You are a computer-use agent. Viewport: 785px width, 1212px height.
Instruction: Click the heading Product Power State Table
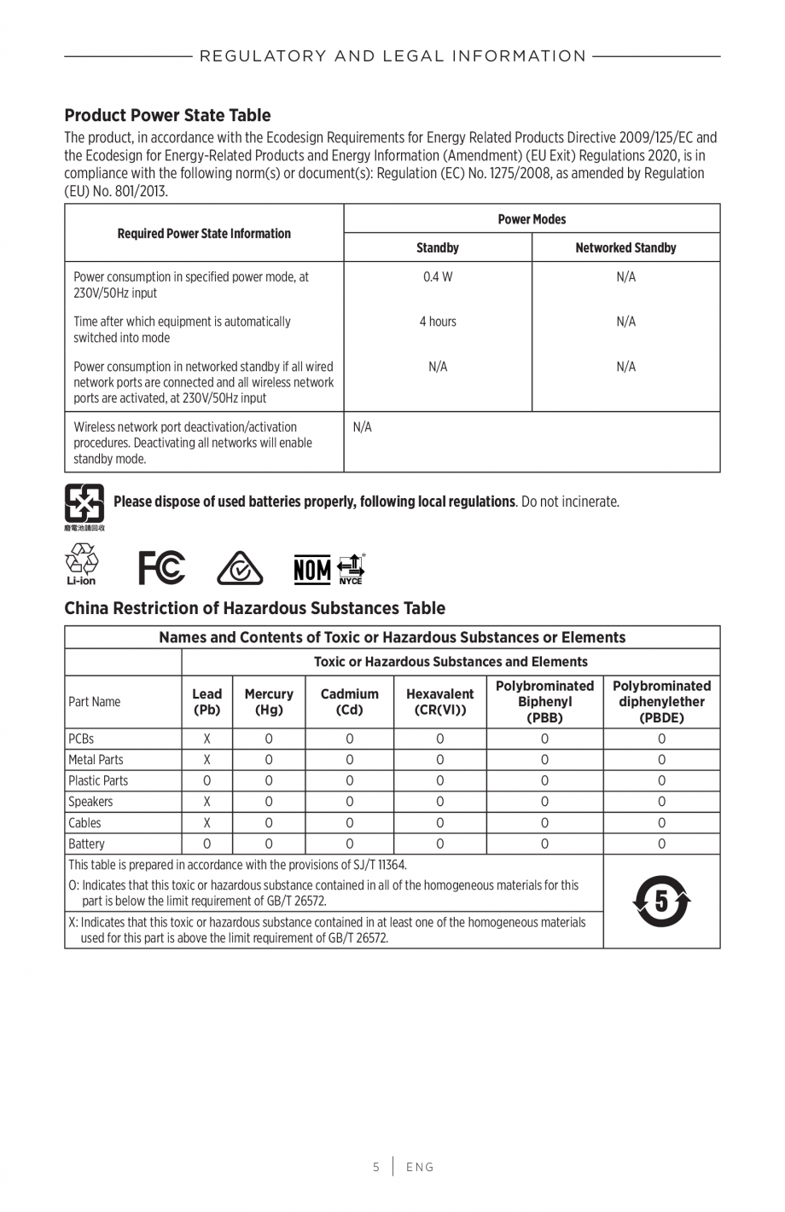click(167, 115)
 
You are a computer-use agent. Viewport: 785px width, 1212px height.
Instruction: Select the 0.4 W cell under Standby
click(437, 276)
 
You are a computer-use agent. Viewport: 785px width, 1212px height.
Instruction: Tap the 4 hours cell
click(437, 322)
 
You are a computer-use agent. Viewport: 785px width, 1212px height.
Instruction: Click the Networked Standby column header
click(625, 247)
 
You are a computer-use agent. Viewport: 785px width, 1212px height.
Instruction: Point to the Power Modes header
click(532, 219)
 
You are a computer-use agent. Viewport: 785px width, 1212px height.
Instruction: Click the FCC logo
click(162, 568)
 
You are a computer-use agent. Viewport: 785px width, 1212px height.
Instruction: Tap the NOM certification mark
click(312, 569)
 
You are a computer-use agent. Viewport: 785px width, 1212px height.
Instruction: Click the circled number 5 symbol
click(661, 901)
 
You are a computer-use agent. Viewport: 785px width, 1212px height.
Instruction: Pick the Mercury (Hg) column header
click(269, 701)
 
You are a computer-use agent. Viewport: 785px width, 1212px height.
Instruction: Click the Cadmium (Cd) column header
click(349, 701)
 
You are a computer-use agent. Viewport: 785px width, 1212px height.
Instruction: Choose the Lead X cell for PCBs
click(206, 739)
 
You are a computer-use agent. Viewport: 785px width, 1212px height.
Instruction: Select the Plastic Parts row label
click(98, 780)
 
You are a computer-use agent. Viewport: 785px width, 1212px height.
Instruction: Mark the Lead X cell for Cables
click(206, 822)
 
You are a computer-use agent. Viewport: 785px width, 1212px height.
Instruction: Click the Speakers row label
click(90, 802)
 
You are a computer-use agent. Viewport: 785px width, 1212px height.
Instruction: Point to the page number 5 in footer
click(375, 1167)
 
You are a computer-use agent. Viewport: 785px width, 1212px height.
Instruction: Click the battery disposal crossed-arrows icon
click(84, 504)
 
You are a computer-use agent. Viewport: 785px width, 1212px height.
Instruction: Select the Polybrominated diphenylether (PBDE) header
click(661, 701)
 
